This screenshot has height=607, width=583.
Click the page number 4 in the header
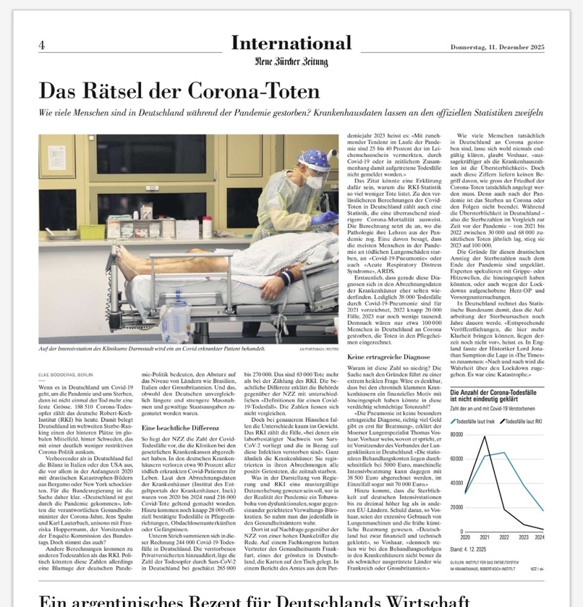click(x=41, y=45)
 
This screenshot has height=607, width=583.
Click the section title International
click(x=291, y=43)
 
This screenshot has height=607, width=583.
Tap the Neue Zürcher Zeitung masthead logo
click(x=291, y=61)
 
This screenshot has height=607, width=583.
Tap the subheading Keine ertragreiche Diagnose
click(x=388, y=357)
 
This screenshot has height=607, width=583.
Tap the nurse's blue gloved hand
click(x=326, y=216)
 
